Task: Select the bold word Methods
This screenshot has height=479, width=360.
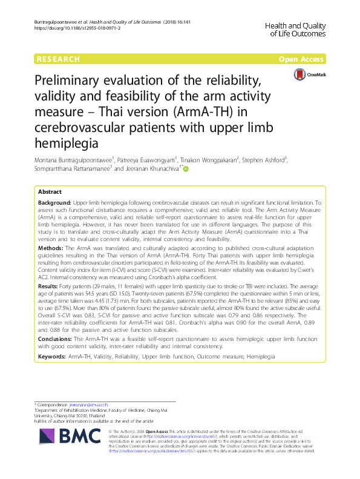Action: click(x=51, y=248)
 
